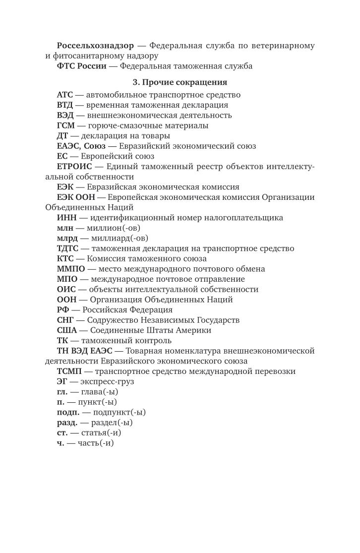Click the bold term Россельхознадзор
pyautogui.click(x=95, y=46)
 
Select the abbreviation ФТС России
pyautogui.click(x=81, y=66)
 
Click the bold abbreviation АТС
pyautogui.click(x=65, y=95)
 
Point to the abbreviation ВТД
pyautogui.click(x=65, y=105)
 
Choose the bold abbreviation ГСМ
pyautogui.click(x=65, y=125)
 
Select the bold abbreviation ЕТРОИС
pyautogui.click(x=74, y=167)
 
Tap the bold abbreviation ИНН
pyautogui.click(x=66, y=218)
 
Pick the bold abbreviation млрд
pyautogui.click(x=67, y=238)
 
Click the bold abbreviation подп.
pyautogui.click(x=67, y=412)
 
